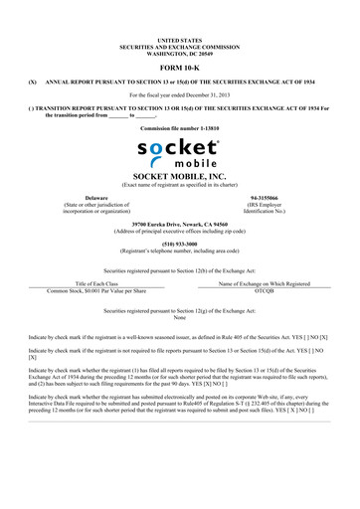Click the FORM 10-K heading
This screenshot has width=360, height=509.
coord(179,66)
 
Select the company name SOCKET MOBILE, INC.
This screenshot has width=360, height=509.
coord(179,175)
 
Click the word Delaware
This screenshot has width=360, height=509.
coord(96,198)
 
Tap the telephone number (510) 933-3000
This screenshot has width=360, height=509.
coord(179,239)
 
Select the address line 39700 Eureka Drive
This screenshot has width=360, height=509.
coord(179,224)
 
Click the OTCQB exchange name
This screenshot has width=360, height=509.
coord(264,290)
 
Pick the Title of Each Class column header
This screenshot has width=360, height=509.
coord(96,283)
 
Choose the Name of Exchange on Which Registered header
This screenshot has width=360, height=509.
coord(264,283)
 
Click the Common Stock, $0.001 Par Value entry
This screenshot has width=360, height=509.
coord(96,290)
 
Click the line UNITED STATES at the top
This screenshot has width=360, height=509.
coord(179,38)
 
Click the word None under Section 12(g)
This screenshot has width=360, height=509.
coord(179,317)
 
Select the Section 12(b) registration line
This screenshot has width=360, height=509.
coord(179,269)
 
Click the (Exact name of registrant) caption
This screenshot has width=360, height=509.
coord(179,184)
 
